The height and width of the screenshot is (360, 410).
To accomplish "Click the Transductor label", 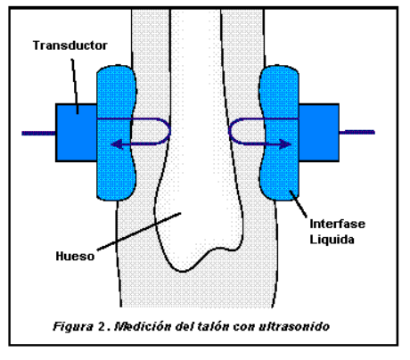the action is [x=70, y=45].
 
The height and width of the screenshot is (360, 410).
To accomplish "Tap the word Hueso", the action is [x=75, y=256].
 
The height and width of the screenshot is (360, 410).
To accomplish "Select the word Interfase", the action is [x=338, y=224].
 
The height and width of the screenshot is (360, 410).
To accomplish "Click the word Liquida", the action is [x=332, y=240].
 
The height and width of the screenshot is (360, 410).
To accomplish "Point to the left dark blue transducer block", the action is [x=77, y=133].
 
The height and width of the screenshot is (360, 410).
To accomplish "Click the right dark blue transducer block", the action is [x=319, y=133].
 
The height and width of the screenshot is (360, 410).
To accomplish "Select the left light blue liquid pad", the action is [x=116, y=133].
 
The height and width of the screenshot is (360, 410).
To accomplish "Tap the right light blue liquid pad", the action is [x=279, y=133].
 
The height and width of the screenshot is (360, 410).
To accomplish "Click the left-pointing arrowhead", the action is [x=117, y=144].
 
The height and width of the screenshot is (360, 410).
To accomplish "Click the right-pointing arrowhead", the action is [x=285, y=144].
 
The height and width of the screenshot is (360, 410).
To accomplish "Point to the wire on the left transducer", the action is [x=38, y=134].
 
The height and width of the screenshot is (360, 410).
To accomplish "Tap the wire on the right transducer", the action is [x=357, y=132].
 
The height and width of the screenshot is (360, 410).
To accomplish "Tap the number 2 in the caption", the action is [x=100, y=326].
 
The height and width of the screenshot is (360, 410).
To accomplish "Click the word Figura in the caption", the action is [x=72, y=327].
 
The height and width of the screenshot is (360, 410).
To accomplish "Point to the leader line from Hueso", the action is [x=139, y=232].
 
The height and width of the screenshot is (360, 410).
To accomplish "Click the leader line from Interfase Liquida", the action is [x=299, y=204].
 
